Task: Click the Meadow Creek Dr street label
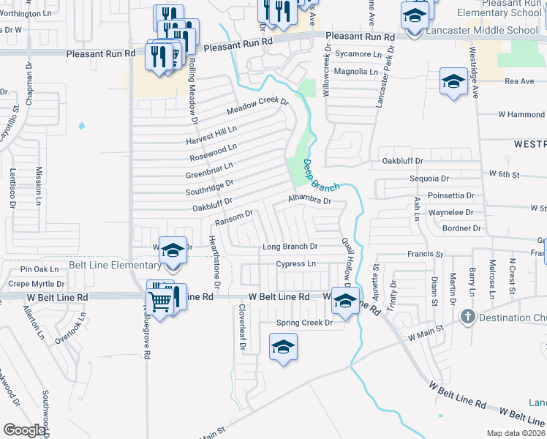coord(258,106)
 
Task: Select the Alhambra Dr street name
coord(309,199)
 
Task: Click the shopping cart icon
coord(159,299)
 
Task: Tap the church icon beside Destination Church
coord(467,318)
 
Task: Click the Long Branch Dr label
coord(290,247)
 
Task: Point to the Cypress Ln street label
coord(295,263)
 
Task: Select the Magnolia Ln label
coord(355,72)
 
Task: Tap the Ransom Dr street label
coord(233,218)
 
